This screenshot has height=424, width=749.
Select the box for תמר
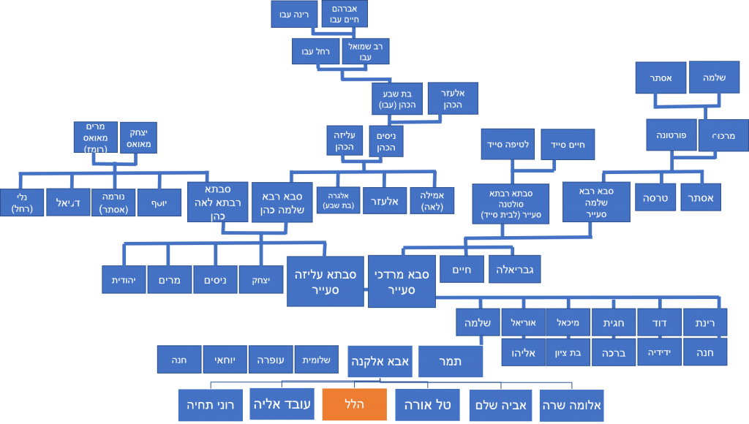451,362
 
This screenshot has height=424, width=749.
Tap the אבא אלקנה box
380,362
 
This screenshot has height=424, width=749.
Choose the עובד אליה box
282,404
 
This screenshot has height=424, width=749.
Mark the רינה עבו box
294,14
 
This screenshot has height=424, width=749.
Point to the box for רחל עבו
316,51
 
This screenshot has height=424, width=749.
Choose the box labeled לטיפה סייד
509,144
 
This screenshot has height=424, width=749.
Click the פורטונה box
671,135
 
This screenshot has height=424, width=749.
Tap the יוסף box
159,202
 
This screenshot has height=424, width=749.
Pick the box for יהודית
124,279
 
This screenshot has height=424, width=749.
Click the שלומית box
316,360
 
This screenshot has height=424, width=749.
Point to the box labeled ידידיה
659,352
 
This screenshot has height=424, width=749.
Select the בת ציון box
568,352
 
